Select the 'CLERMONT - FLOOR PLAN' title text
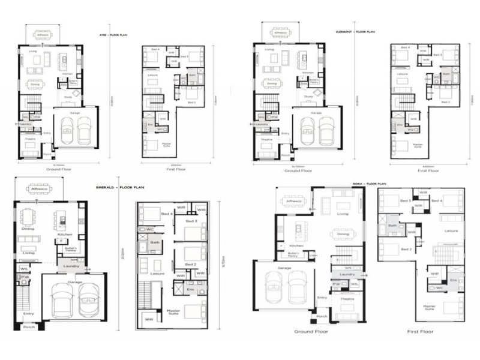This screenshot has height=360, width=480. [355, 31]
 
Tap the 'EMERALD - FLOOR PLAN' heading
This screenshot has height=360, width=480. [123, 187]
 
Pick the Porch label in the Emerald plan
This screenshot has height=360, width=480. [29, 327]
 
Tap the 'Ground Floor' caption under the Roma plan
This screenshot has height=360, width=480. [309, 331]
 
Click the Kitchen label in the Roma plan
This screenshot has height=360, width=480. [296, 245]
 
